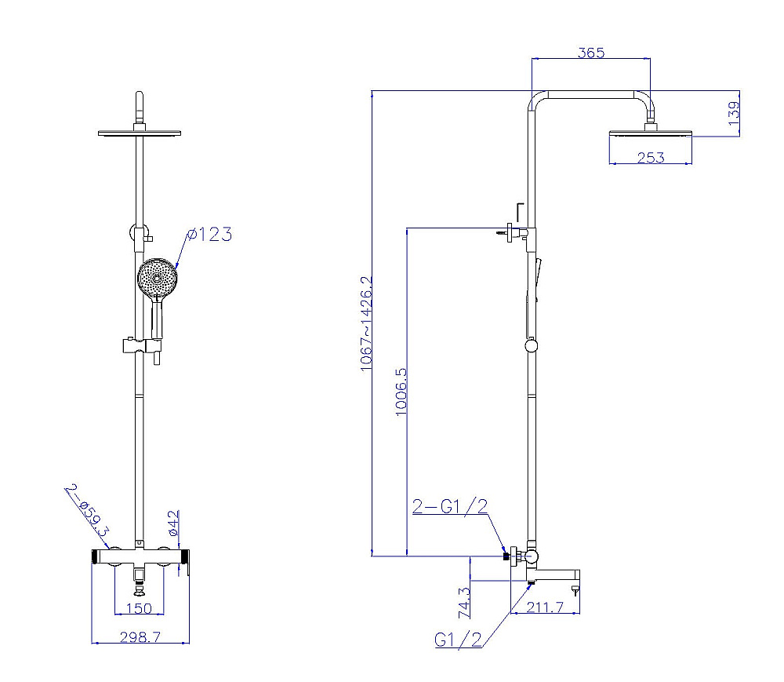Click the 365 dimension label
click(x=591, y=53)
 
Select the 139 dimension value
click(x=733, y=113)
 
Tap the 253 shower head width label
click(x=650, y=158)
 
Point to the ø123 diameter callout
click(x=209, y=234)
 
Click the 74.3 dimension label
click(x=463, y=601)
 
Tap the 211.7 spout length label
click(x=546, y=606)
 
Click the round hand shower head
click(x=158, y=277)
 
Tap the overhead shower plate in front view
click(x=140, y=132)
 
